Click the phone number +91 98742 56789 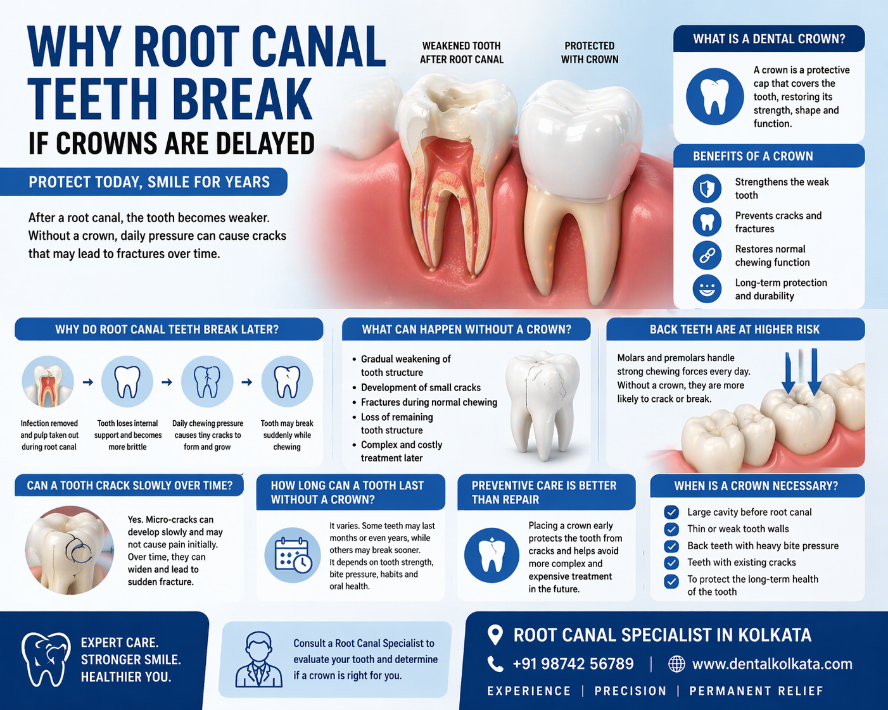(x=573, y=664)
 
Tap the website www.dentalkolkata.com (x=772, y=664)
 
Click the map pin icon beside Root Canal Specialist (x=495, y=635)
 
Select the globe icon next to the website (x=676, y=664)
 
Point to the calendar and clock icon (x=293, y=555)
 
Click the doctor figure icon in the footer (x=258, y=660)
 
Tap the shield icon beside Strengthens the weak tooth (x=707, y=189)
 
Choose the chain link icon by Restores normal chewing (x=707, y=256)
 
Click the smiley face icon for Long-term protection (x=707, y=289)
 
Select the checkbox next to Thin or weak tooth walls (x=671, y=529)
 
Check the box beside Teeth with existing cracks (x=671, y=563)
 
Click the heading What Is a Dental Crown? (x=769, y=39)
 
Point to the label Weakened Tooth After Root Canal (x=462, y=53)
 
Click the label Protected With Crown (x=590, y=53)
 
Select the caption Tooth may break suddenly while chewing (x=287, y=435)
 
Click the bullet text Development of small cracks (x=421, y=387)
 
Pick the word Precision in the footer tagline (x=630, y=691)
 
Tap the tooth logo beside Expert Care (x=46, y=659)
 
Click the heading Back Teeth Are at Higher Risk (x=735, y=330)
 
